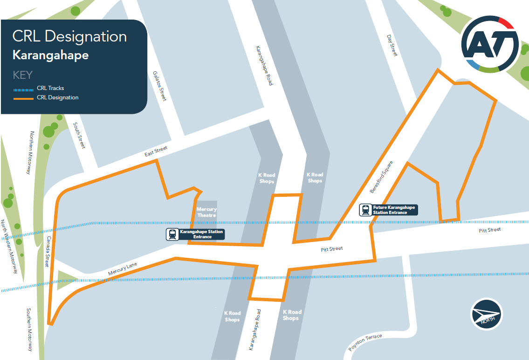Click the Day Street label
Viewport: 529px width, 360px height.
pyautogui.click(x=392, y=45)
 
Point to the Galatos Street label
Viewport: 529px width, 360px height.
pyautogui.click(x=159, y=86)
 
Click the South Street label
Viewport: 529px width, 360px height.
pyautogui.click(x=79, y=136)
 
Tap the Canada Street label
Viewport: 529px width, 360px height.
pyautogui.click(x=48, y=251)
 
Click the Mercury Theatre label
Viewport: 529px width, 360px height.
pyautogui.click(x=206, y=212)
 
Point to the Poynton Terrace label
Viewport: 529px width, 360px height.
pyautogui.click(x=365, y=343)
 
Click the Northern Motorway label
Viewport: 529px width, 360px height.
pyautogui.click(x=29, y=152)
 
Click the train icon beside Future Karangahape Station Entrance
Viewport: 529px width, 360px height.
pyautogui.click(x=365, y=210)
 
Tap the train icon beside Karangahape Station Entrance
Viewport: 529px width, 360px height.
pyautogui.click(x=172, y=235)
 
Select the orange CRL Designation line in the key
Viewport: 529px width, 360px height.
pyautogui.click(x=24, y=98)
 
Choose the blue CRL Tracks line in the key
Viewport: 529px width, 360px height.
pyautogui.click(x=24, y=89)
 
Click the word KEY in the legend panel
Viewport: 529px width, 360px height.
pyautogui.click(x=22, y=75)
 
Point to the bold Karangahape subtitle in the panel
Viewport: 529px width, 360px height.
pyautogui.click(x=50, y=55)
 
